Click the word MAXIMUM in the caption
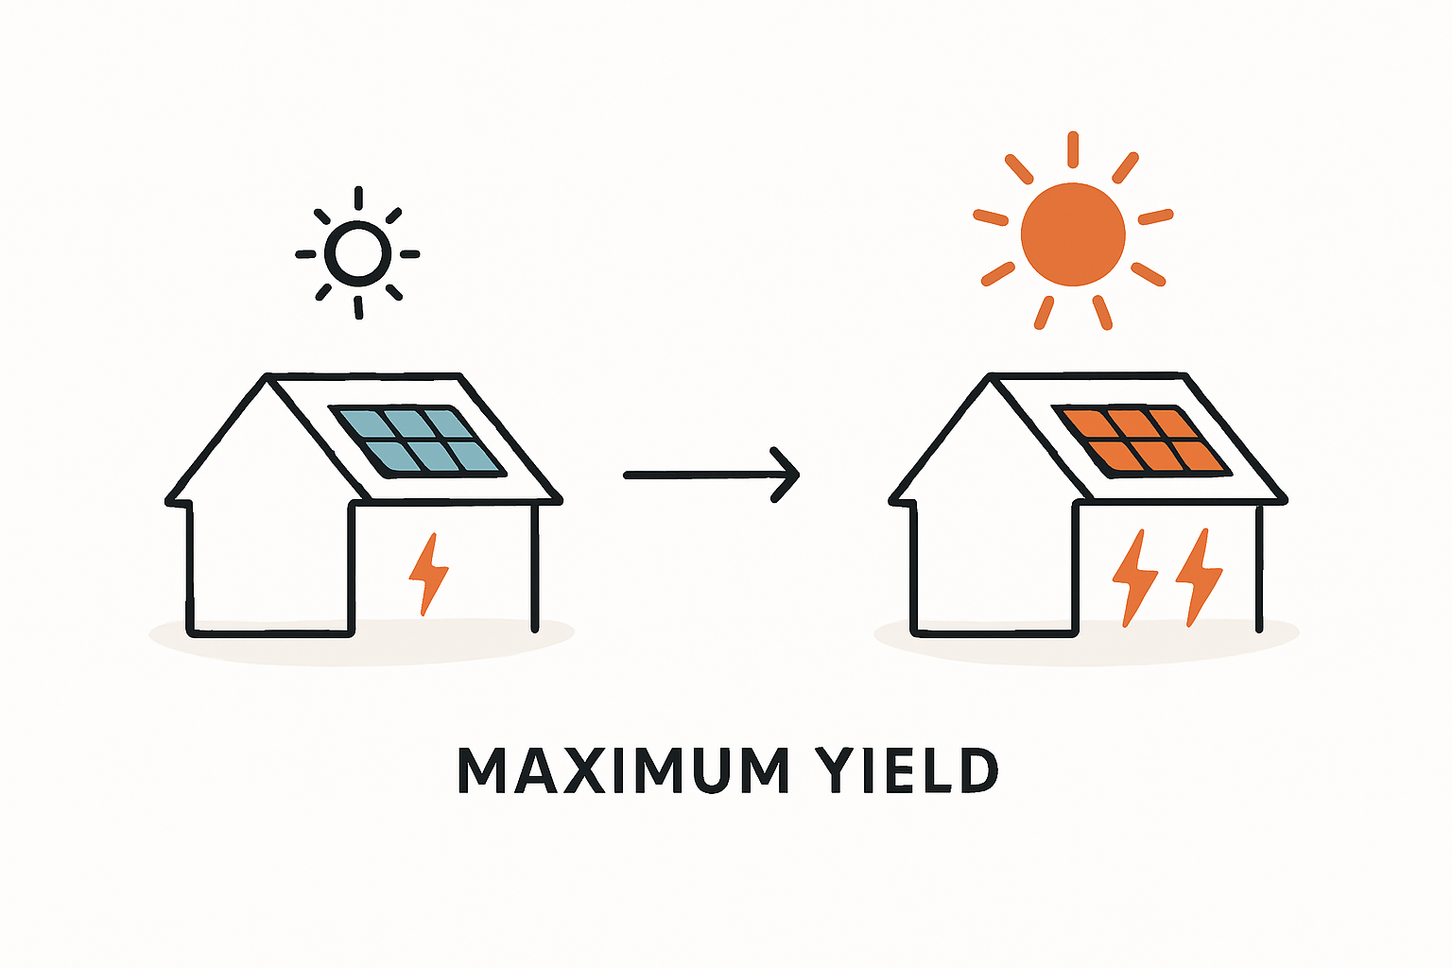point(624,771)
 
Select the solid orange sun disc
point(1073,234)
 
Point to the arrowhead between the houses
point(787,475)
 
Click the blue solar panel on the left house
point(417,440)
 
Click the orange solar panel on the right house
point(1141,440)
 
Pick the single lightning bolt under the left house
point(428,574)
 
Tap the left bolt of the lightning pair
point(1134,577)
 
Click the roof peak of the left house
point(266,378)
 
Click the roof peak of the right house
point(990,378)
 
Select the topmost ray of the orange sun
point(1073,149)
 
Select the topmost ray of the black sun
point(358,199)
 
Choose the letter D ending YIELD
point(979,771)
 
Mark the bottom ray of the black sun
point(358,307)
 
